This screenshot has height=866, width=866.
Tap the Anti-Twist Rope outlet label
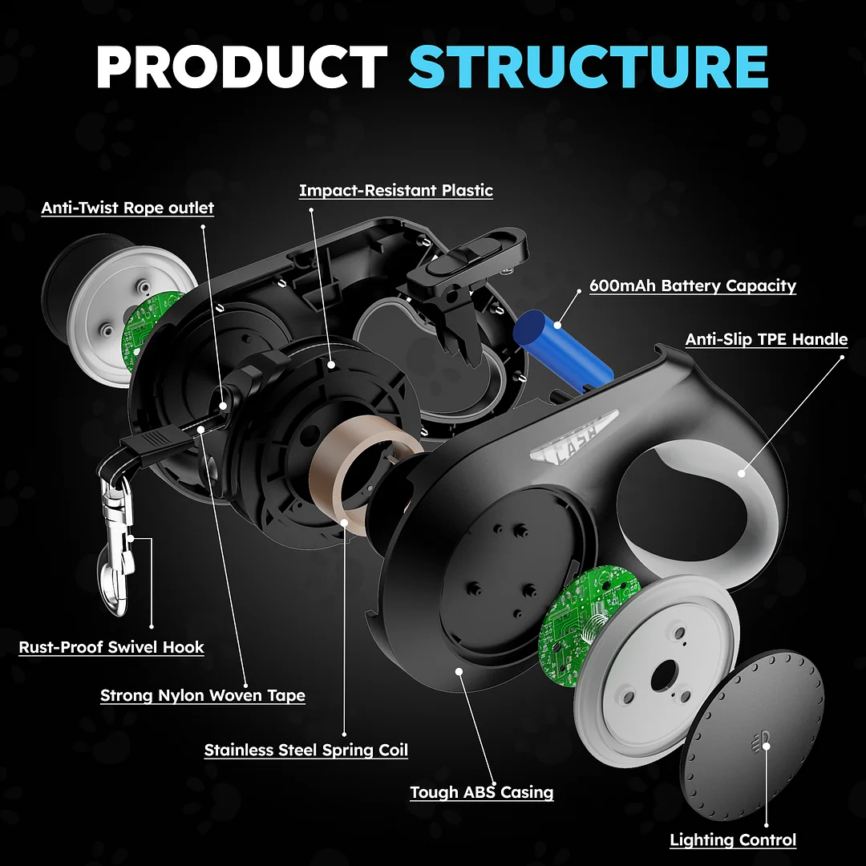[x=127, y=208]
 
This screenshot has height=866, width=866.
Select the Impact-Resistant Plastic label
[x=395, y=190]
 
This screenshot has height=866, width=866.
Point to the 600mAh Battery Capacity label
[x=692, y=285]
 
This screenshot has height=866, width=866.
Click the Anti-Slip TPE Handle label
[x=766, y=339]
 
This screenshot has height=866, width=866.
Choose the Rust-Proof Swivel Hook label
[x=111, y=647]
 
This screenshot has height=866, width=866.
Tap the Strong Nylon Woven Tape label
[x=202, y=695]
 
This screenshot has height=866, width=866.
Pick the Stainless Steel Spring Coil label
[x=306, y=751]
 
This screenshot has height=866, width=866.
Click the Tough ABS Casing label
[x=481, y=792]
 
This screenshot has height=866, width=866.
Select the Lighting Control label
[x=733, y=840]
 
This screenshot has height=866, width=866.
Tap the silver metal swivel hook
[x=117, y=529]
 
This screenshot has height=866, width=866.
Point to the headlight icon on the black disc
[x=763, y=738]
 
